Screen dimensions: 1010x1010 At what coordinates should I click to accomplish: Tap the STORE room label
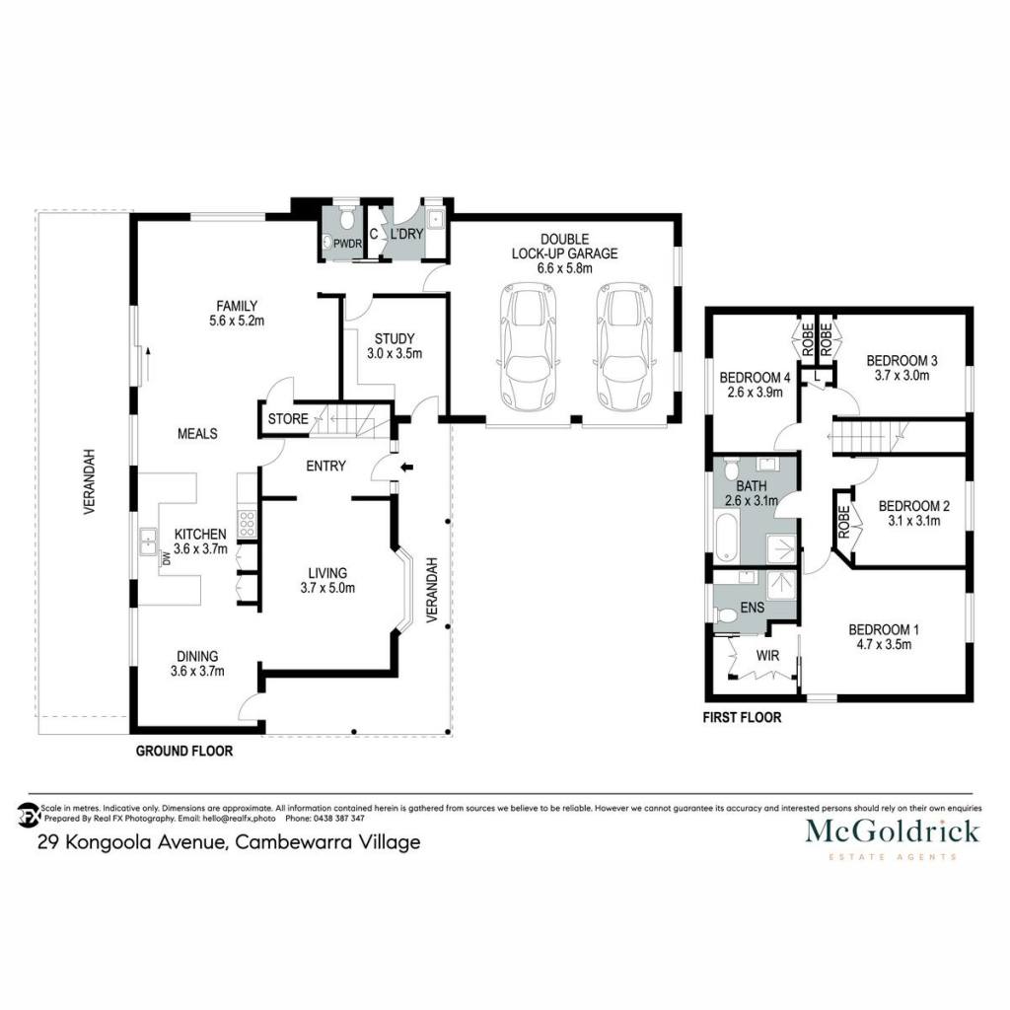pos(288,418)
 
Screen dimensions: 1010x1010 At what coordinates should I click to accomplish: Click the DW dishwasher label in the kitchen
pos(166,558)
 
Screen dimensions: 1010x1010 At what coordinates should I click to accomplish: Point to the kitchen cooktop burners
pos(248,524)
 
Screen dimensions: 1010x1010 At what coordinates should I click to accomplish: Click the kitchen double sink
pos(149,541)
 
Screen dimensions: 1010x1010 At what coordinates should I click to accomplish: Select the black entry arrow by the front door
pos(406,467)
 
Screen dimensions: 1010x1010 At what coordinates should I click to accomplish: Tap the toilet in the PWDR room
pos(347,218)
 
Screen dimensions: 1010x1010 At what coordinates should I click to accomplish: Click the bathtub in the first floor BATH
pos(726,536)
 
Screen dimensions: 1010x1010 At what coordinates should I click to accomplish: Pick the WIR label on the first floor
pos(767,656)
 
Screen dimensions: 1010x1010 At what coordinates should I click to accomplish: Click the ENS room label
pos(753,608)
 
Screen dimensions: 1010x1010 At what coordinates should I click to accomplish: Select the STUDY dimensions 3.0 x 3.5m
pos(395,354)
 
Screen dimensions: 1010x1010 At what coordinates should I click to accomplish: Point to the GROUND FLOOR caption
pos(184,751)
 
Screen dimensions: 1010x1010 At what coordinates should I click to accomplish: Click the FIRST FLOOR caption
pos(742,718)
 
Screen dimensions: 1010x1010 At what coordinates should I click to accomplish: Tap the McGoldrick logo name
pos(892,830)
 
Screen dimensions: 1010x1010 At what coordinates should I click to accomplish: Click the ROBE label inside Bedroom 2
pos(844,522)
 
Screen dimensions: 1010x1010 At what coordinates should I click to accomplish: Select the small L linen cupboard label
pos(817,376)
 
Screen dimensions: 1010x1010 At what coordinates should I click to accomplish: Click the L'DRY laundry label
pos(406,234)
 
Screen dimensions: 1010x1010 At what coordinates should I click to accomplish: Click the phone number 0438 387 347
pos(339,819)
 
